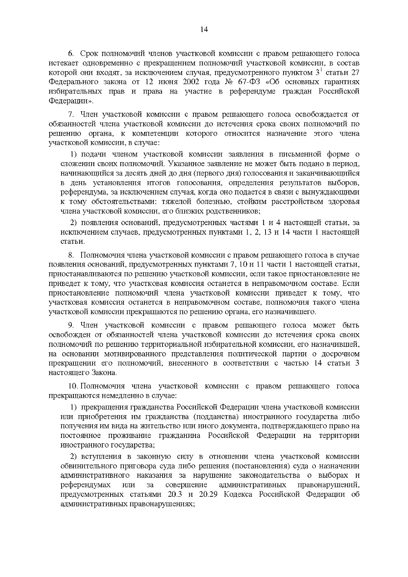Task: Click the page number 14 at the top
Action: [204, 29]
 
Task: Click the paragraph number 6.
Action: [71, 54]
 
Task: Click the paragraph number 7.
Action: [71, 114]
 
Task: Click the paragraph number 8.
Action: [71, 255]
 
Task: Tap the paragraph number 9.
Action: [71, 325]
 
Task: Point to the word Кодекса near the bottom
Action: [238, 494]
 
